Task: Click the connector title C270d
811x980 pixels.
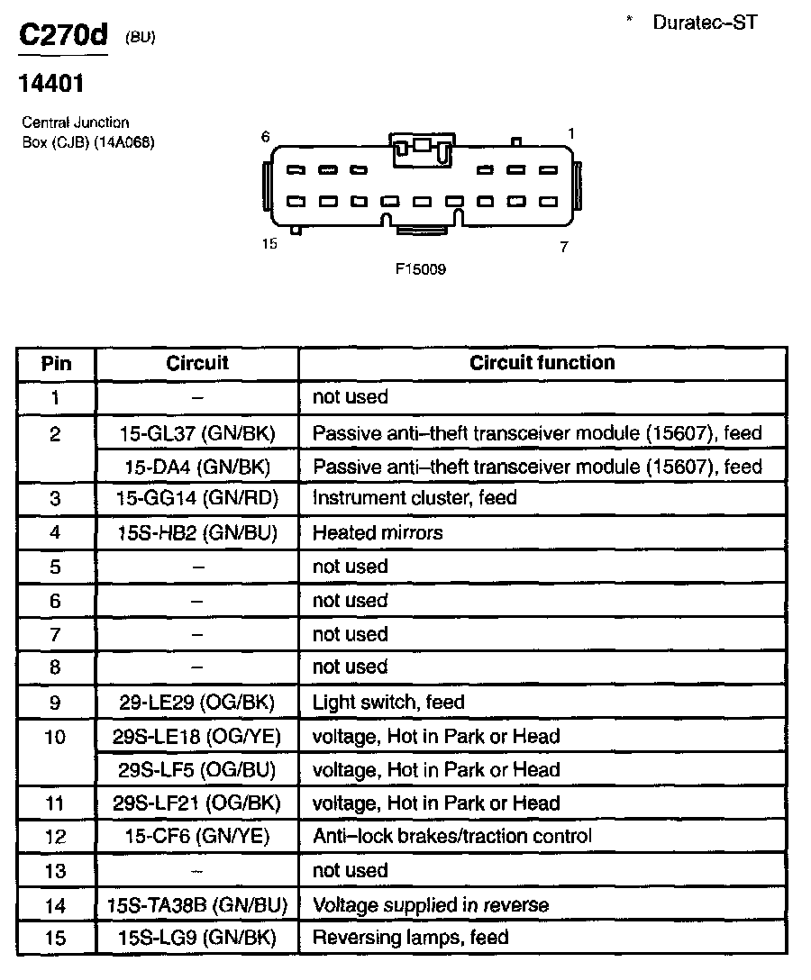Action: point(63,36)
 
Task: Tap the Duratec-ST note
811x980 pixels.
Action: point(705,23)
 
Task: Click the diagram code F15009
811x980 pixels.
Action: point(421,268)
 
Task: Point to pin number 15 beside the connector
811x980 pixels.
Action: point(269,244)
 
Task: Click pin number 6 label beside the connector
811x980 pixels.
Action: point(265,136)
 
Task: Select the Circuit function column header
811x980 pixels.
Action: point(542,363)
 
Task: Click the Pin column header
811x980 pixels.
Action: point(56,364)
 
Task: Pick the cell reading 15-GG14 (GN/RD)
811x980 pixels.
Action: point(197,498)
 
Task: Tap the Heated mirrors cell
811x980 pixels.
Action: point(378,532)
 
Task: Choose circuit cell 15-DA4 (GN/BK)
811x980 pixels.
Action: point(197,467)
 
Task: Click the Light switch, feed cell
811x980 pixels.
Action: point(388,702)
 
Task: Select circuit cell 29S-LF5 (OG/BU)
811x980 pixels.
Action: point(197,770)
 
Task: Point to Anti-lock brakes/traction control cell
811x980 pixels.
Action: point(452,836)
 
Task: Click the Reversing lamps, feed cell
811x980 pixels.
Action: point(410,938)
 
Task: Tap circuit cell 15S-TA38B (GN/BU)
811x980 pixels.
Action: point(197,904)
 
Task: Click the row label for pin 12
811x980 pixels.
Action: point(56,837)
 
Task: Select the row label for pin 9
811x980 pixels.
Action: point(56,702)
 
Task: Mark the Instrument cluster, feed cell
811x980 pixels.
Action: point(415,498)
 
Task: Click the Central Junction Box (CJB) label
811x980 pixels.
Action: point(88,132)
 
